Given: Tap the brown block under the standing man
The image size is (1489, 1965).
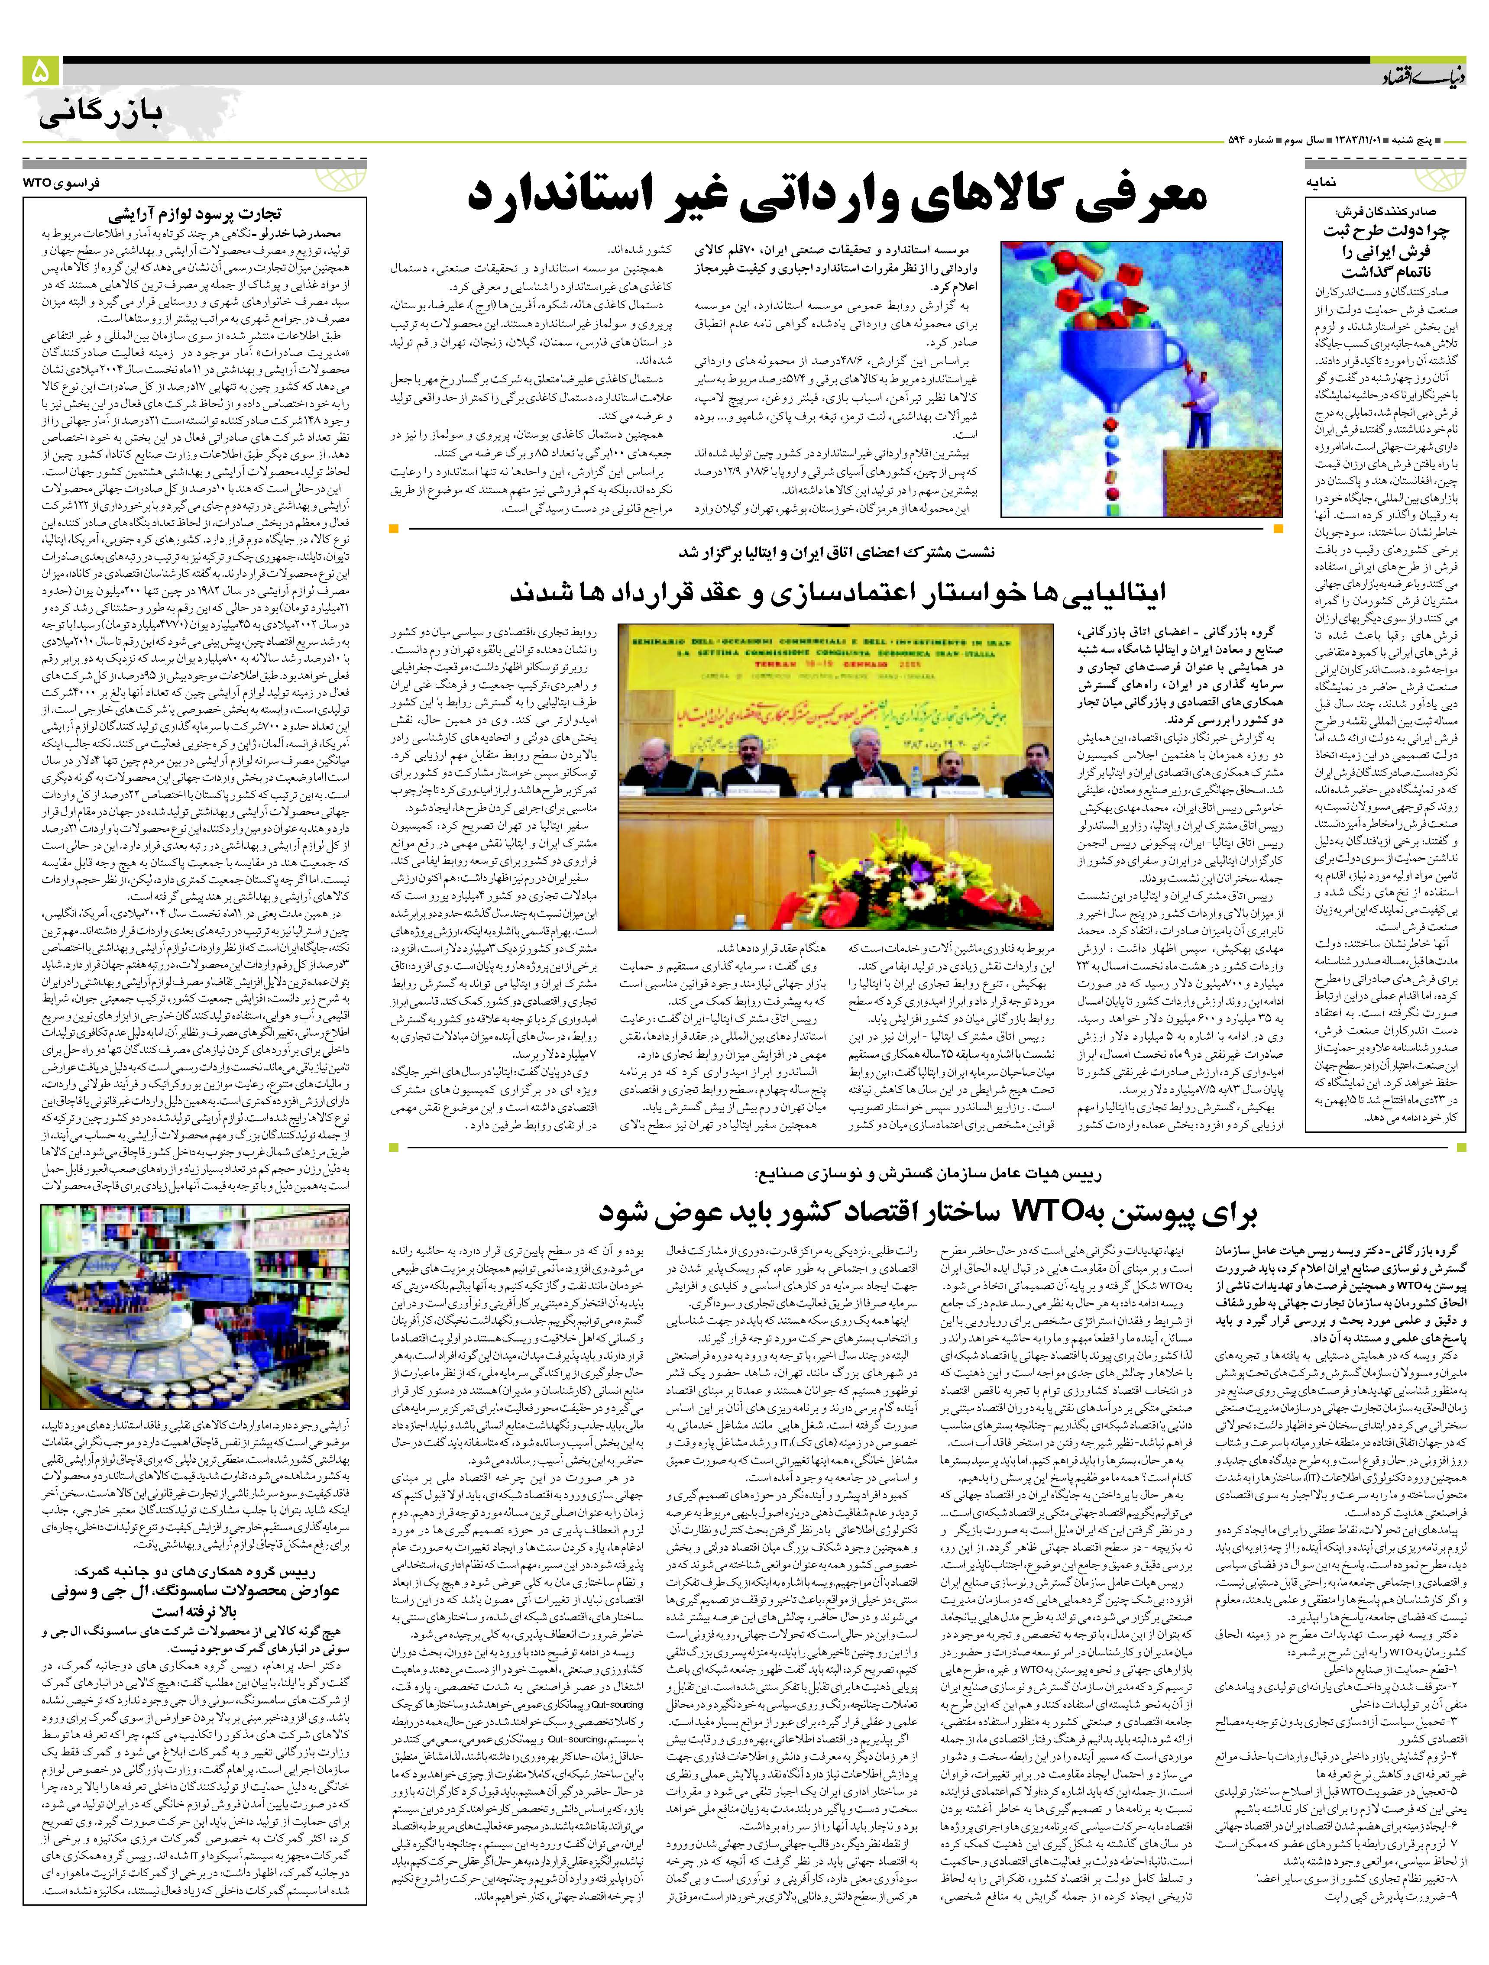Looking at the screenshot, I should click(x=1217, y=484).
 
